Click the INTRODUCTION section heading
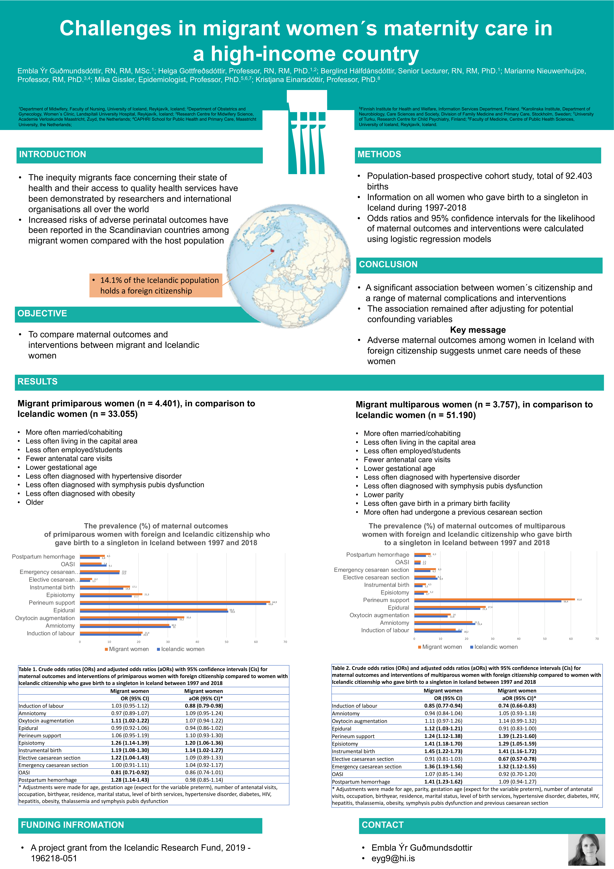[53, 154]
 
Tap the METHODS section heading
[379, 154]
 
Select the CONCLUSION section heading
[388, 265]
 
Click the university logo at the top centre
[307, 133]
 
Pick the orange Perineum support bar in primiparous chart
[175, 601]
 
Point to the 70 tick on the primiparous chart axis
[285, 642]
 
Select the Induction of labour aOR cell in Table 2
[517, 706]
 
